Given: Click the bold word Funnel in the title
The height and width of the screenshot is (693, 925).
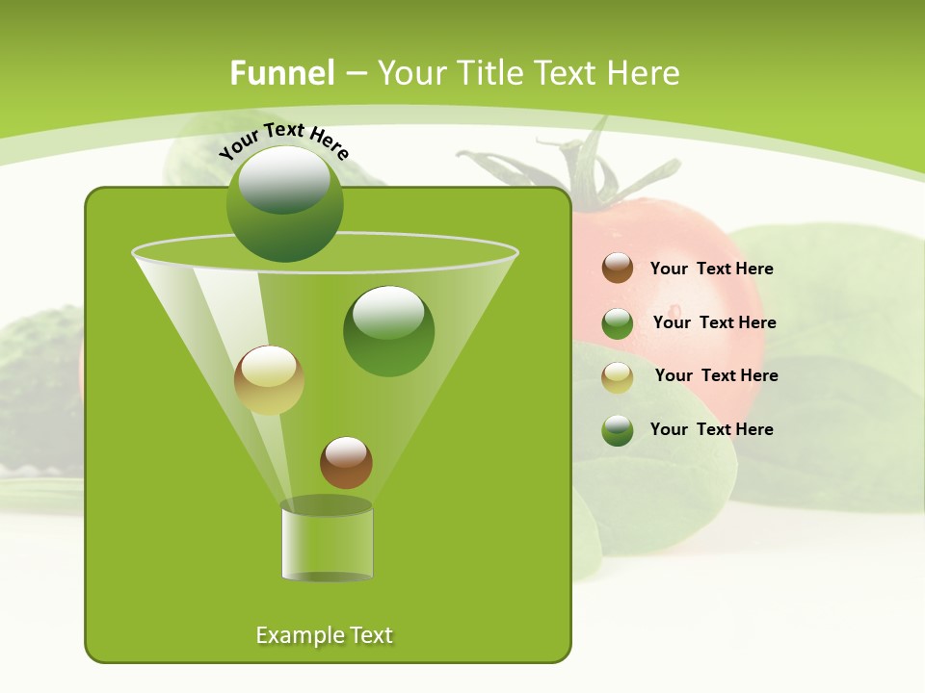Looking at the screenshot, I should [x=281, y=73].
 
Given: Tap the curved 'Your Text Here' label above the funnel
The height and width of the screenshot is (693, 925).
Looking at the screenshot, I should [x=283, y=141].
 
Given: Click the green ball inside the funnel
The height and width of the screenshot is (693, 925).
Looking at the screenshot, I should [x=388, y=331].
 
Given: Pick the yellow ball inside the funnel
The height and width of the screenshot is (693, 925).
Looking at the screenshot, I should [x=269, y=380].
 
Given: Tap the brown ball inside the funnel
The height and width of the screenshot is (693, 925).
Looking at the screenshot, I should [x=346, y=462].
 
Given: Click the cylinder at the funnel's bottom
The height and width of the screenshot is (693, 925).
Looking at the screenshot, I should [x=327, y=543].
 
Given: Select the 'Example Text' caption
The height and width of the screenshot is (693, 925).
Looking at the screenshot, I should [x=325, y=635].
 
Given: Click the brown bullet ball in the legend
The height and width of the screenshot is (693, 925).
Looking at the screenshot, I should [x=618, y=268].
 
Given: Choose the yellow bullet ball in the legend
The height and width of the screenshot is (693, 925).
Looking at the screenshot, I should [x=618, y=377].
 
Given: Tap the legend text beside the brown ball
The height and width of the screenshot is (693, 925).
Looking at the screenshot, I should [x=711, y=269].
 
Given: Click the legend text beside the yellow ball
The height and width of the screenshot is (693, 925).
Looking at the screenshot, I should [x=716, y=375].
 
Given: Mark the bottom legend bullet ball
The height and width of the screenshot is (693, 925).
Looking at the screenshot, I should [x=618, y=430].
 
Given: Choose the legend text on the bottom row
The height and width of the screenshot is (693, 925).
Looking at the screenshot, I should [x=711, y=429].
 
